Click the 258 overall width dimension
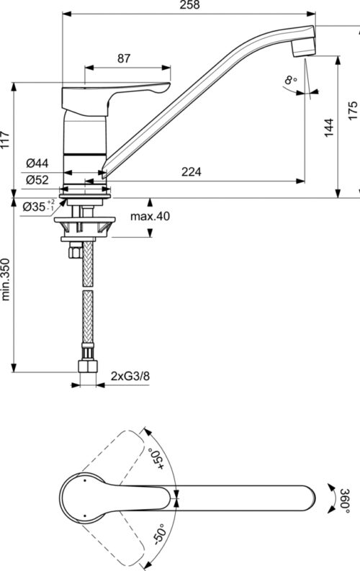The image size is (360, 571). [190, 5]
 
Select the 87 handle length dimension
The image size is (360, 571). [124, 58]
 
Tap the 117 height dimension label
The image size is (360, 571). [5, 140]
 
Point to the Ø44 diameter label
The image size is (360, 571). [37, 163]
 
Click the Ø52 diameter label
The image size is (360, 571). [37, 179]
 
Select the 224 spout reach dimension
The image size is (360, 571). [191, 171]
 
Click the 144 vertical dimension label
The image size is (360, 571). [329, 127]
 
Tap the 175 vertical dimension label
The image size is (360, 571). [353, 111]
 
